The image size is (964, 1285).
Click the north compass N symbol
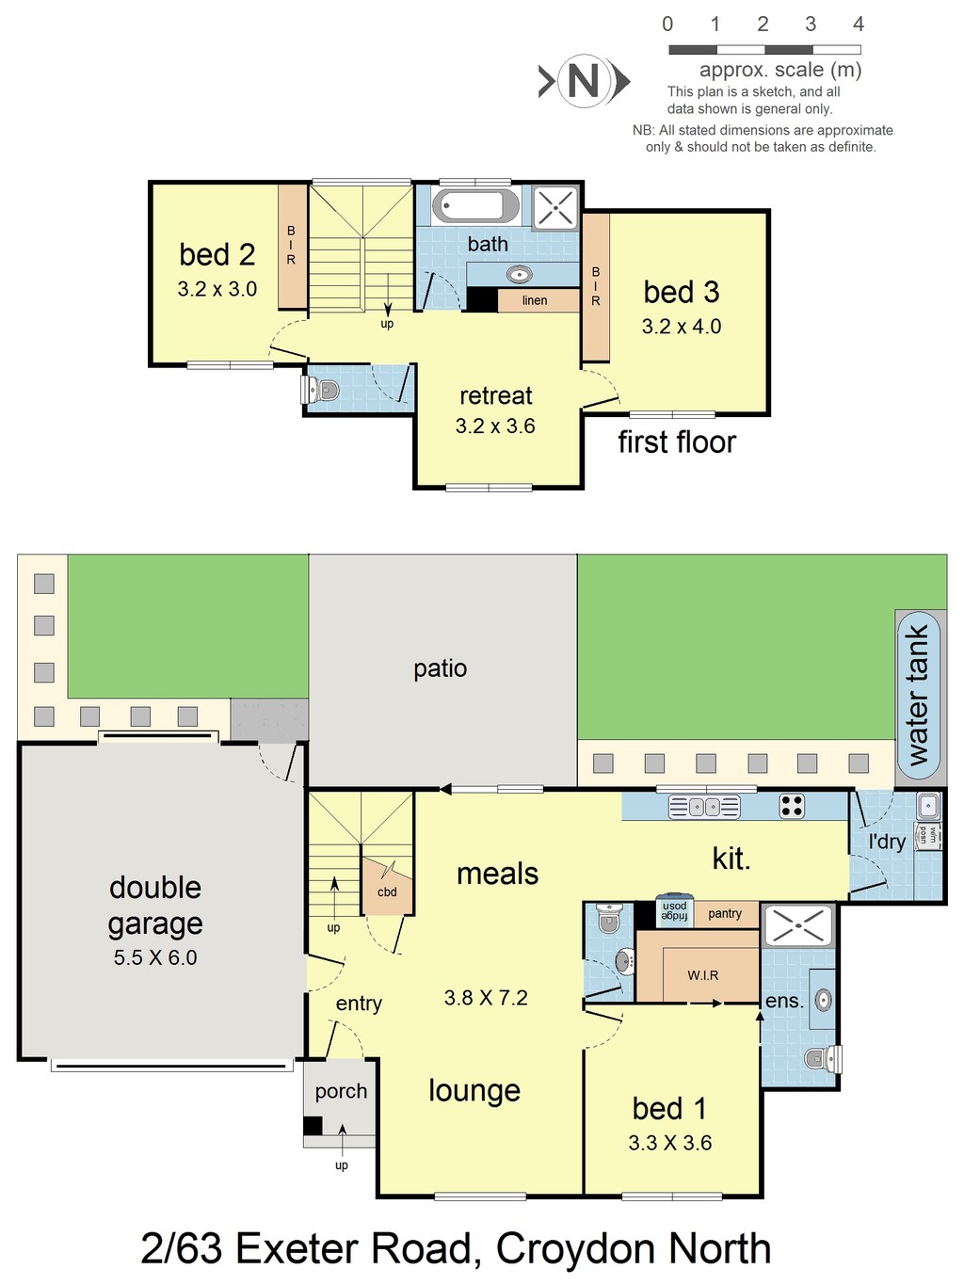pos(584,81)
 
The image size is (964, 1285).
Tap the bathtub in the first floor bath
pos(475,205)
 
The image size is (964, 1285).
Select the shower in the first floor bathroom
pos(555,207)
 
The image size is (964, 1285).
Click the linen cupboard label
pos(535,300)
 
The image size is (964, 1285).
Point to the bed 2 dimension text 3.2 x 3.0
pos(217,289)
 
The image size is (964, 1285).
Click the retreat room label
pos(496,395)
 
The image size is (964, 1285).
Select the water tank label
pos(918,695)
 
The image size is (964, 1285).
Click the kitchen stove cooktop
pos(792,806)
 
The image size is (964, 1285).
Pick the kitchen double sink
pos(704,807)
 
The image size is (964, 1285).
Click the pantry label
pos(725,914)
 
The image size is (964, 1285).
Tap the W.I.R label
pos(703,975)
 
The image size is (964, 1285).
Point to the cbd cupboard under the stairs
pos(388,887)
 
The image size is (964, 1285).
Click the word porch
pos(341,1092)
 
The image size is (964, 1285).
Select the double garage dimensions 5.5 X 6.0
pos(155,957)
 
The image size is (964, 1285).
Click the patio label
pos(441,668)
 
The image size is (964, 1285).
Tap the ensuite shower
pos(798,925)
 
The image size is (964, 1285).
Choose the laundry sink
pos(928,806)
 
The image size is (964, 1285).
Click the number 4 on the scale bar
pos(858,24)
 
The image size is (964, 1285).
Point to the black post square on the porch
pos(313,1126)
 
